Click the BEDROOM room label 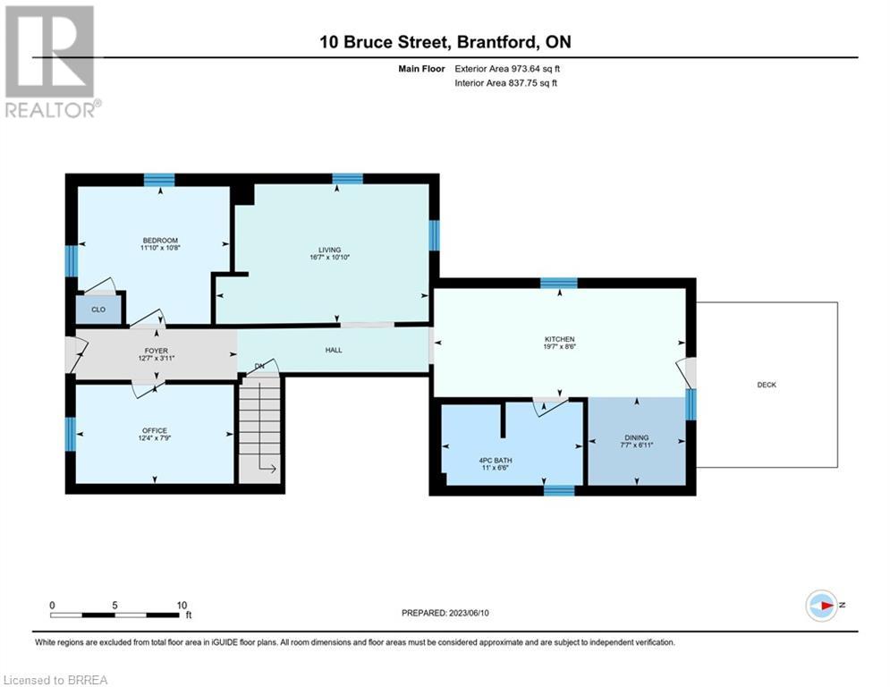point(160,241)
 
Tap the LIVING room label point(330,250)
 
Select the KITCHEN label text point(560,340)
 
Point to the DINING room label point(636,437)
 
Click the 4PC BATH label point(496,461)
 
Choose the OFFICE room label point(155,431)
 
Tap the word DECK point(767,385)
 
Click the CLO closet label point(98,310)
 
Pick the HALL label point(334,351)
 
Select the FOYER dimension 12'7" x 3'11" point(157,359)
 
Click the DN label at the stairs point(259,366)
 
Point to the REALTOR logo point(52,62)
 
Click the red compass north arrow point(826,606)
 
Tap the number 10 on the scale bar point(182,606)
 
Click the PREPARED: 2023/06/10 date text point(445,613)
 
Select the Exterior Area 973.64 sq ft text point(507,69)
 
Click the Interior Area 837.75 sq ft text point(505,83)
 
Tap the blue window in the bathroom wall point(559,490)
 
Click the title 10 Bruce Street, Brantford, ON point(445,42)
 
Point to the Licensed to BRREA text point(55,680)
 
